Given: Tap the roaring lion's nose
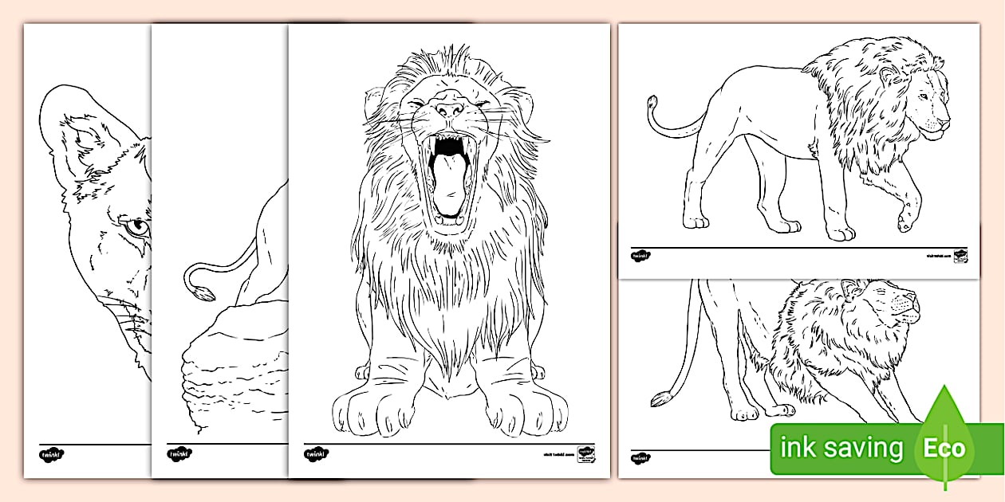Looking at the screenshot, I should coord(450,110).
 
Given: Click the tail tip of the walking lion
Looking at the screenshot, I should coord(652,104).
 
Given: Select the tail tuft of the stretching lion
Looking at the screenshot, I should coord(660,398).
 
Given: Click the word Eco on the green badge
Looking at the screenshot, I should coord(945,449).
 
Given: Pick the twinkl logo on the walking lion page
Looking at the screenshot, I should coord(640,257).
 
